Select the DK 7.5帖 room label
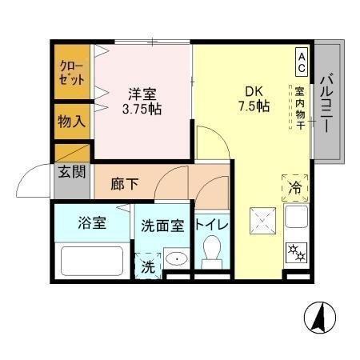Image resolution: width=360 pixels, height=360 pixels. pyautogui.click(x=252, y=98)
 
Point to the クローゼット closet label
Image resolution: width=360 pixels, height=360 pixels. pyautogui.click(x=70, y=74)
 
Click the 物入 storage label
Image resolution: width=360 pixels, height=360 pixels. pyautogui.click(x=70, y=122)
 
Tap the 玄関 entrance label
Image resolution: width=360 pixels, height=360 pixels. pyautogui.click(x=70, y=171)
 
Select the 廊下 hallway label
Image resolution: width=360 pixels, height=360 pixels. pyautogui.click(x=124, y=184)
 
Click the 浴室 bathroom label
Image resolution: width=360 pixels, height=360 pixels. pyautogui.click(x=91, y=224)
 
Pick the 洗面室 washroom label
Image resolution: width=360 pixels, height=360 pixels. pyautogui.click(x=163, y=226)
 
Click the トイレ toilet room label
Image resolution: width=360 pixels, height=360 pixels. pyautogui.click(x=212, y=225)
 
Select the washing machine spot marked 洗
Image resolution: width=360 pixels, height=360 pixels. pyautogui.click(x=147, y=263)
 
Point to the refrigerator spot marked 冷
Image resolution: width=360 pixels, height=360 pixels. pyautogui.click(x=296, y=189)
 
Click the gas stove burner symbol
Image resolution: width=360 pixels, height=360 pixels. pyautogui.click(x=297, y=251)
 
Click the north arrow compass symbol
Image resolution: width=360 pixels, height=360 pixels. pyautogui.click(x=319, y=318)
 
